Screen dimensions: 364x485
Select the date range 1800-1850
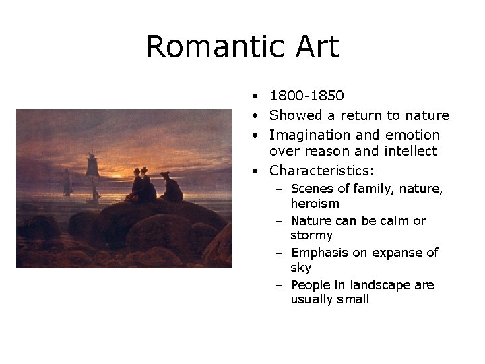pyautogui.click(x=306, y=96)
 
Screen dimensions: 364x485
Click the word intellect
pyautogui.click(x=411, y=152)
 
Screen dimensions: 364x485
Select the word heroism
pyautogui.click(x=315, y=203)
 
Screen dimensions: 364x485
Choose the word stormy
pyautogui.click(x=311, y=235)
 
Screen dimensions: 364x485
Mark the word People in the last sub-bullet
pyautogui.click(x=311, y=285)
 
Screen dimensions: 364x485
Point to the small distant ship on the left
pyautogui.click(x=67, y=183)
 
